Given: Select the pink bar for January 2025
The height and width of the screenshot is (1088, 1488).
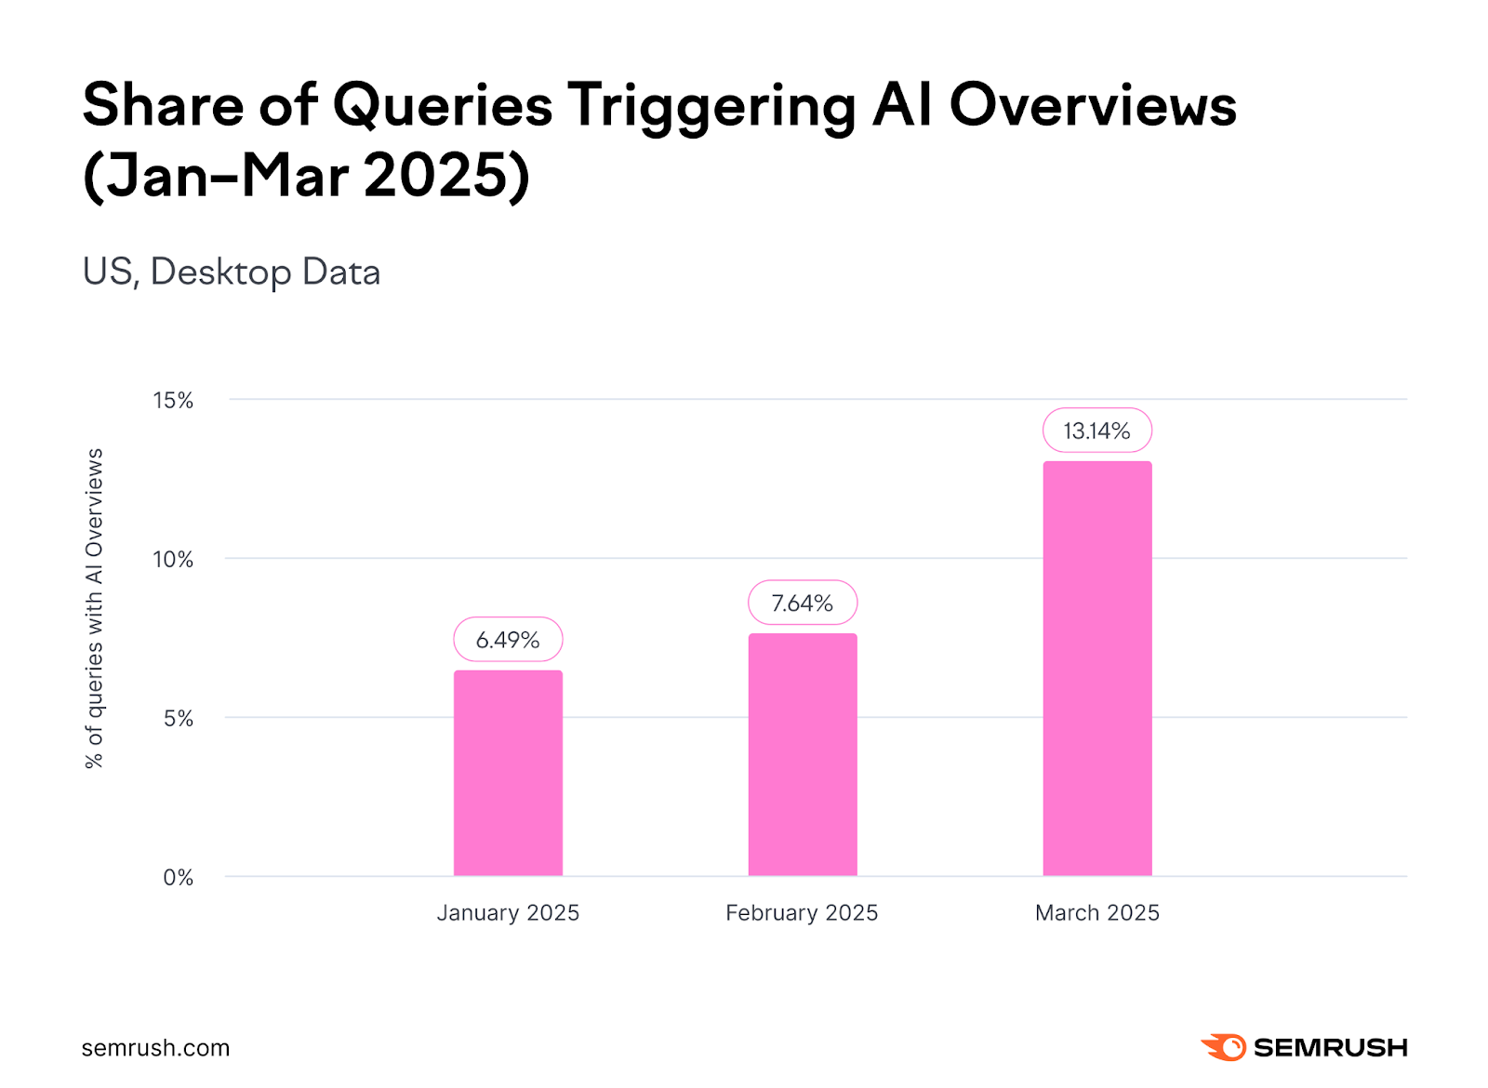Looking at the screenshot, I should click(x=508, y=773).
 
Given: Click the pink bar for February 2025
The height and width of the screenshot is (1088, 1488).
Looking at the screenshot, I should click(x=803, y=754).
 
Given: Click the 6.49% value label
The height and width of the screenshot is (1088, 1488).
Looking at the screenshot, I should click(x=508, y=640).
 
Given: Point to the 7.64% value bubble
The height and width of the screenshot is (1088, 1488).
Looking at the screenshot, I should click(x=803, y=604).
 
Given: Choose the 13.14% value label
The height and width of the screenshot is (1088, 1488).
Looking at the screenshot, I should click(x=1097, y=431).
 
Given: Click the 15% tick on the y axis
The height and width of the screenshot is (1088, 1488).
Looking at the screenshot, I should click(x=173, y=401).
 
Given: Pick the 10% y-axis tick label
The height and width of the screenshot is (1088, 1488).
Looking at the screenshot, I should click(x=173, y=560).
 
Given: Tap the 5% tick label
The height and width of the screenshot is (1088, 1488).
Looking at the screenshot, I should click(x=179, y=719).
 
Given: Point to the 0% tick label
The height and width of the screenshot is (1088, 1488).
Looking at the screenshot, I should click(x=179, y=878).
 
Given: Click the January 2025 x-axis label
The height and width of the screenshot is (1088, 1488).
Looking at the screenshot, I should click(x=508, y=913).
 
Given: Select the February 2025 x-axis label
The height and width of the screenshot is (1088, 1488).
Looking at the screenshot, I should click(x=802, y=913).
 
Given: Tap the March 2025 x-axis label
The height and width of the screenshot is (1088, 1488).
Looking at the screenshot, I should click(x=1097, y=913).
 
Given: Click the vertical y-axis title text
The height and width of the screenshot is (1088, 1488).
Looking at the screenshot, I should click(x=94, y=608).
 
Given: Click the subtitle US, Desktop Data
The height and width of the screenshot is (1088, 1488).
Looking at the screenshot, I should click(x=232, y=272).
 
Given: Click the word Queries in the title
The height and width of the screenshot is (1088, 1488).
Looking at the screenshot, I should click(x=443, y=106).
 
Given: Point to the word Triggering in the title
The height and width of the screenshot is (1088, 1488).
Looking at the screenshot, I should click(x=711, y=106).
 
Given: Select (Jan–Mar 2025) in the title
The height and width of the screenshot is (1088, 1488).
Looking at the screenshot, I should click(x=306, y=176).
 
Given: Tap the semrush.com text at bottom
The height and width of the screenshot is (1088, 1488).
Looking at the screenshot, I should click(x=155, y=1048).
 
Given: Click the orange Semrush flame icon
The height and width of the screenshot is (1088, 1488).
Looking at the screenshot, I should click(x=1224, y=1047).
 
